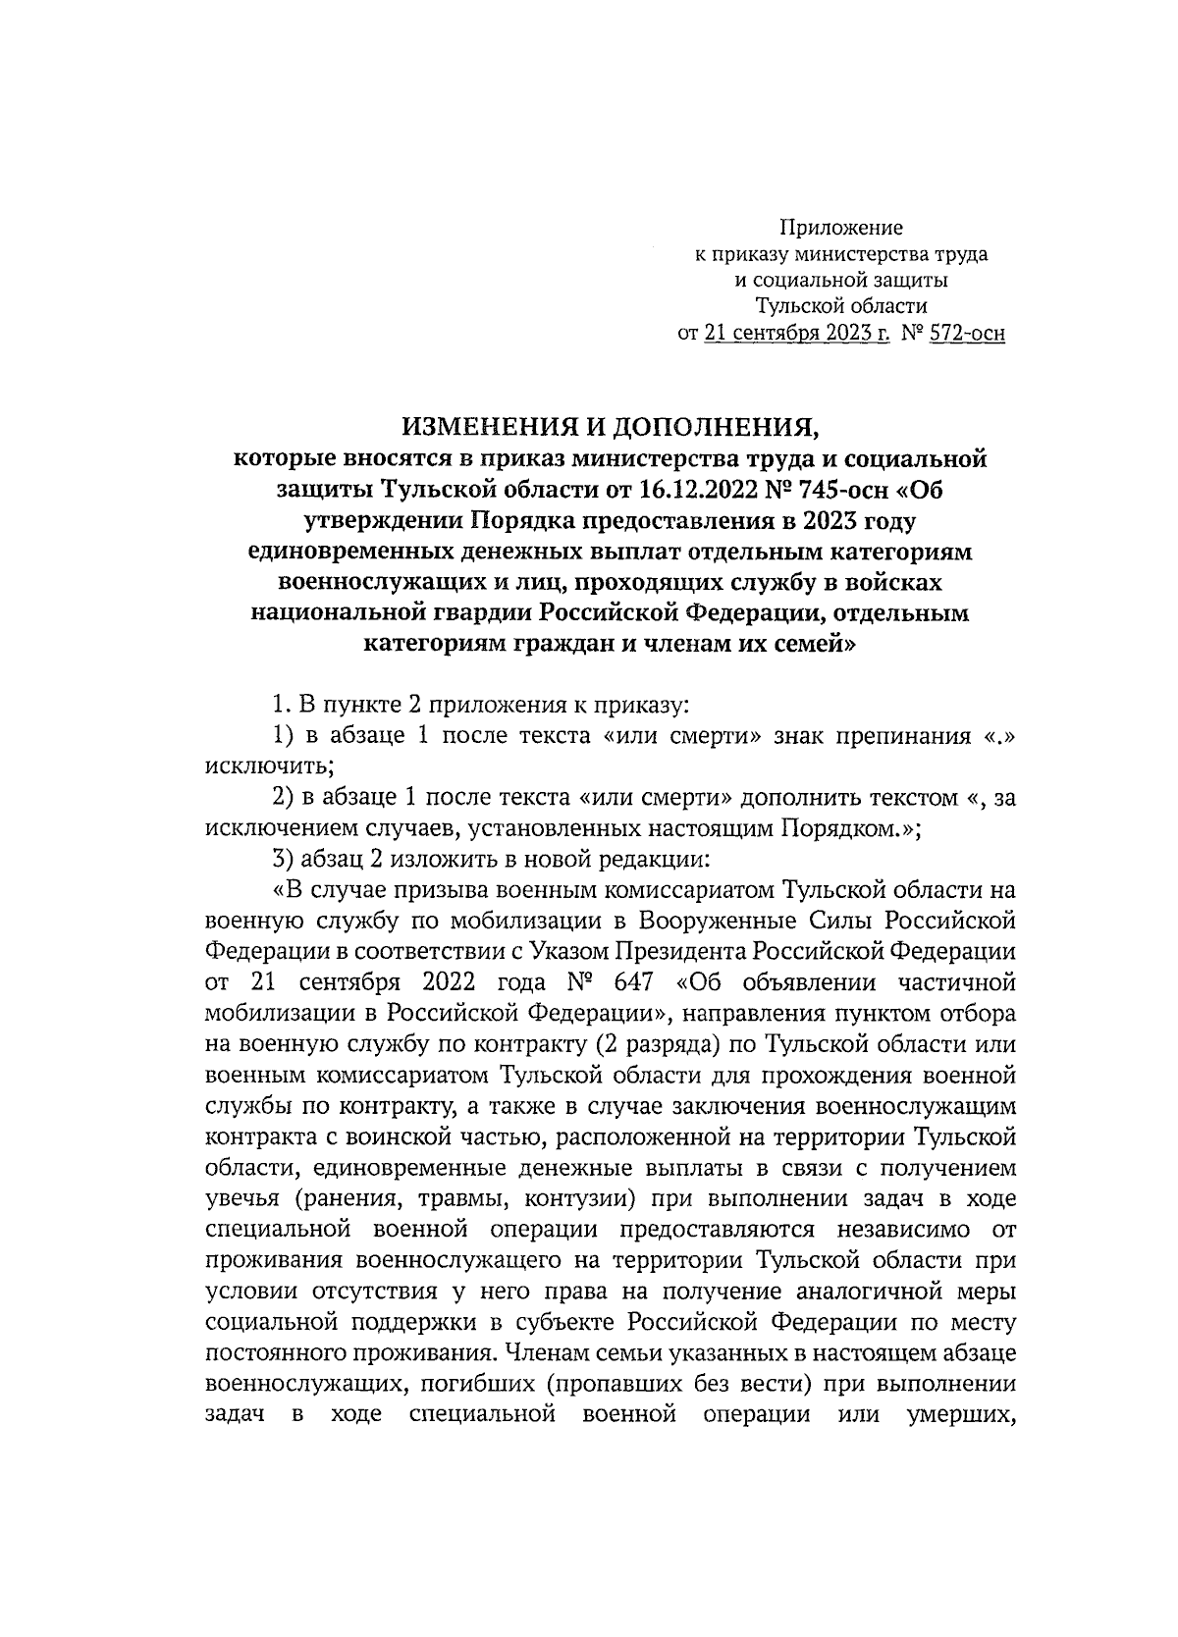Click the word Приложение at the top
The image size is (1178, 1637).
(840, 228)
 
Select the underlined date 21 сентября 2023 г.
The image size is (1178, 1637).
(797, 334)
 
